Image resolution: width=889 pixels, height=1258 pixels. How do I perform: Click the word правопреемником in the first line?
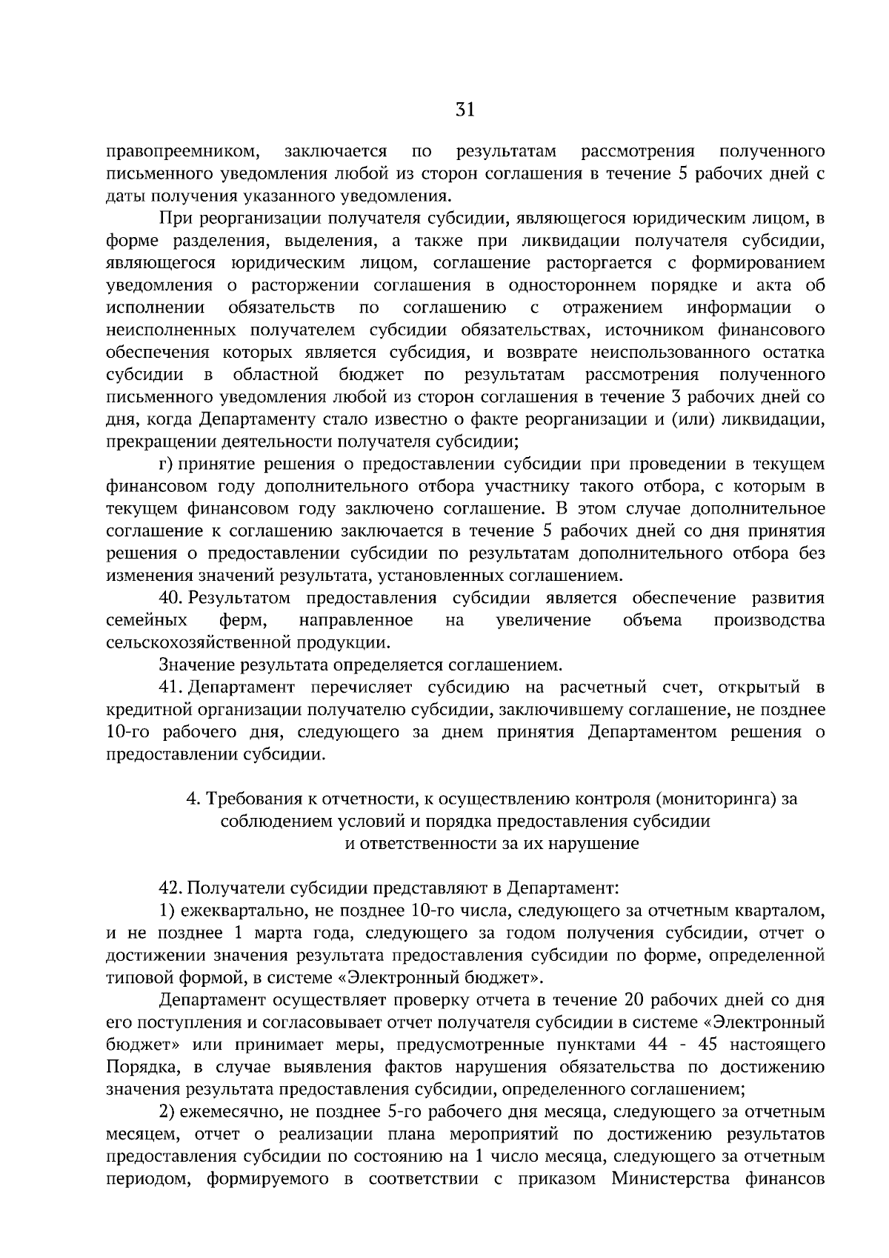coord(182,153)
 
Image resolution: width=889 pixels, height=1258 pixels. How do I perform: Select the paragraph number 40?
coord(170,598)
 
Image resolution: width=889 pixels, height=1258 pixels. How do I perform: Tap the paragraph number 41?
coord(170,687)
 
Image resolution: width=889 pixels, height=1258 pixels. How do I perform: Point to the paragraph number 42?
coord(170,887)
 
